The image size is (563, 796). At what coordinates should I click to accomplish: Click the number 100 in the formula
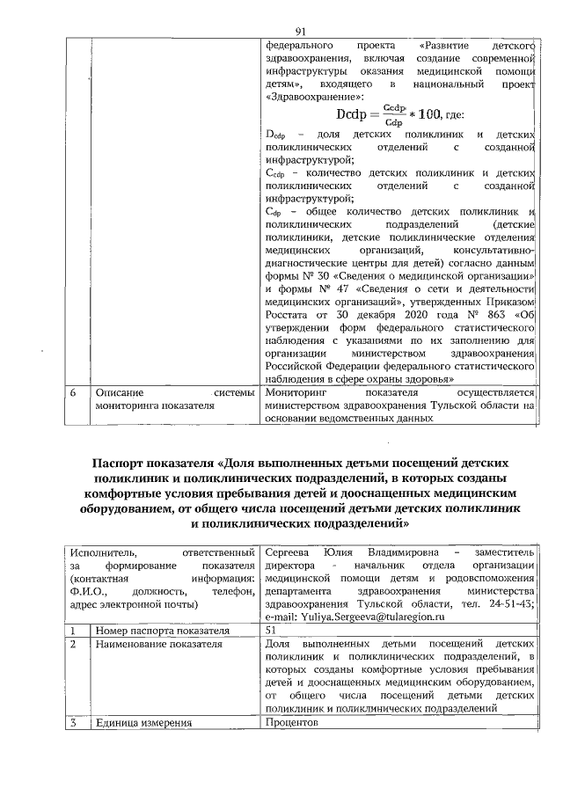(x=415, y=115)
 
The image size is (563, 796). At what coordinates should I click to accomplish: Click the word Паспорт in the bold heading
(x=126, y=463)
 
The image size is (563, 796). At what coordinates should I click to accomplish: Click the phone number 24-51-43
(x=514, y=604)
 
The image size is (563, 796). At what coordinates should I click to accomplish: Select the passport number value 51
(x=271, y=631)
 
